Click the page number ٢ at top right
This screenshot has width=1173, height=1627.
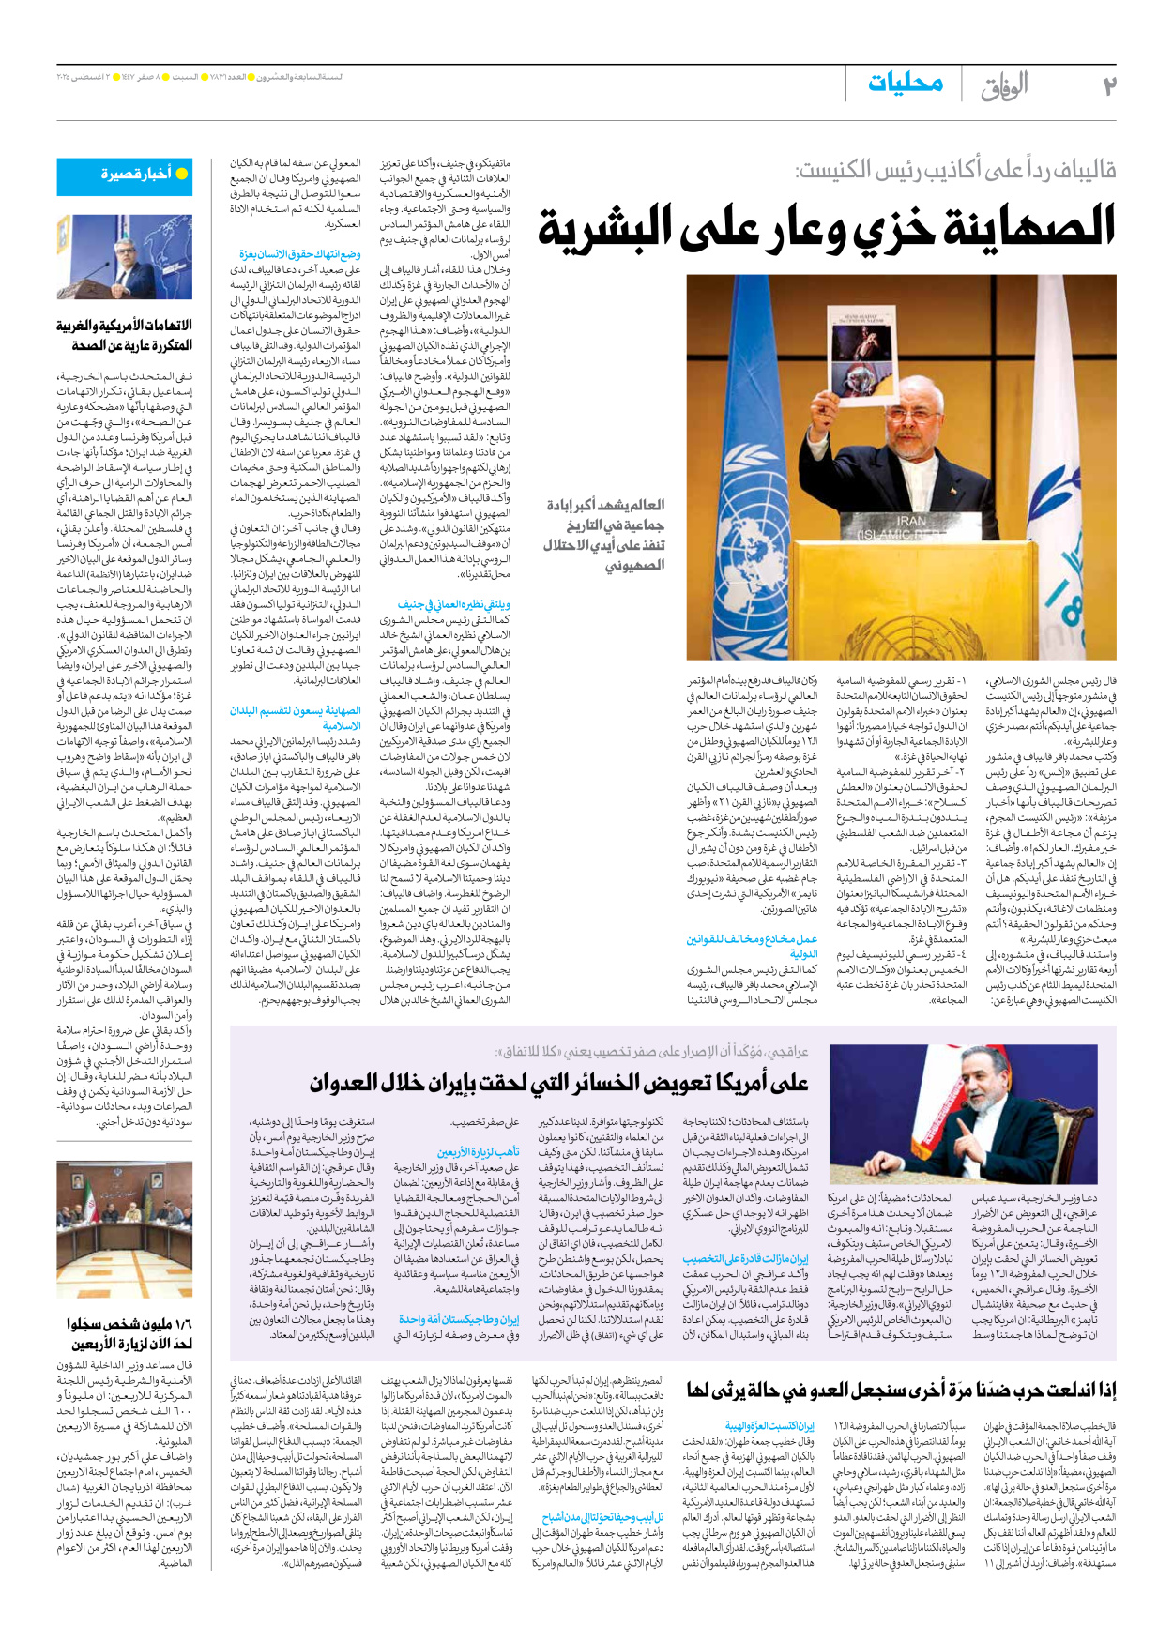tap(1108, 86)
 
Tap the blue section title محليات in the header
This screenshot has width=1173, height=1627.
tap(905, 84)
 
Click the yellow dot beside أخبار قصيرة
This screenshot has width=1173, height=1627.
tap(182, 174)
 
